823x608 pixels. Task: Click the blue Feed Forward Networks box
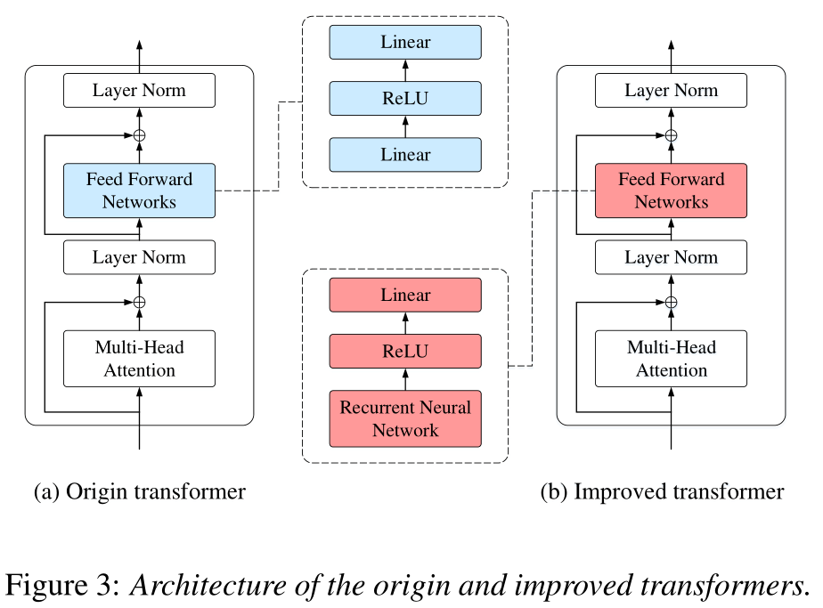coord(139,191)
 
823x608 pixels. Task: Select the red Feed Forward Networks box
coord(671,191)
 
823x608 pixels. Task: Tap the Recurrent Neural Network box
coord(405,418)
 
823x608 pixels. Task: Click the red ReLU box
coord(405,351)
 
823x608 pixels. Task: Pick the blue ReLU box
coord(405,98)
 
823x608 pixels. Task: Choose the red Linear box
coord(405,295)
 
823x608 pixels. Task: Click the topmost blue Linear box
coord(405,42)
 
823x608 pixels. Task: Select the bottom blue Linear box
coord(405,154)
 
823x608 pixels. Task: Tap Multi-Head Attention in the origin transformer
coord(139,359)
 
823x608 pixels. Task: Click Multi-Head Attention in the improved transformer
coord(671,359)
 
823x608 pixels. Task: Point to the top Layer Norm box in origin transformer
coord(139,91)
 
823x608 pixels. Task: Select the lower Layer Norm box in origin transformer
coord(139,257)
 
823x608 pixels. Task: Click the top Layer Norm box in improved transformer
coord(671,91)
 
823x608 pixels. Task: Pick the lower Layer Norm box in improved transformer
coord(671,257)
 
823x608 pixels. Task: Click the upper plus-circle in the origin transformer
coord(139,135)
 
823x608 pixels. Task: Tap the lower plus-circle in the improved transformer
coord(671,303)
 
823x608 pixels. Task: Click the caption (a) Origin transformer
coord(139,491)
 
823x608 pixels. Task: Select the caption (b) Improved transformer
coord(662,491)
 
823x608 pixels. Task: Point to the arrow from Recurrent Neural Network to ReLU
coord(405,379)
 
